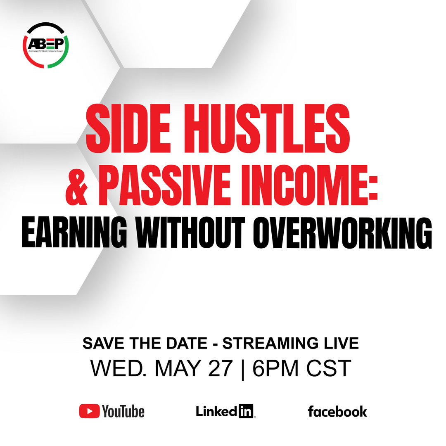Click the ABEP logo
point(45,45)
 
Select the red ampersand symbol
point(76,185)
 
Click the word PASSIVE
point(164,185)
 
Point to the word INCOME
point(305,185)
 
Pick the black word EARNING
point(74,232)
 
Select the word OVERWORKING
point(342,232)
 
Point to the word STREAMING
point(270,343)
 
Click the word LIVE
point(342,343)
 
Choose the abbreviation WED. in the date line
point(119,368)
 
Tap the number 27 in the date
point(221,368)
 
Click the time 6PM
point(275,368)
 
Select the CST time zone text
point(329,368)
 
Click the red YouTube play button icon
point(89,411)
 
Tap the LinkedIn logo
point(225,411)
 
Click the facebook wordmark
point(337,411)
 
